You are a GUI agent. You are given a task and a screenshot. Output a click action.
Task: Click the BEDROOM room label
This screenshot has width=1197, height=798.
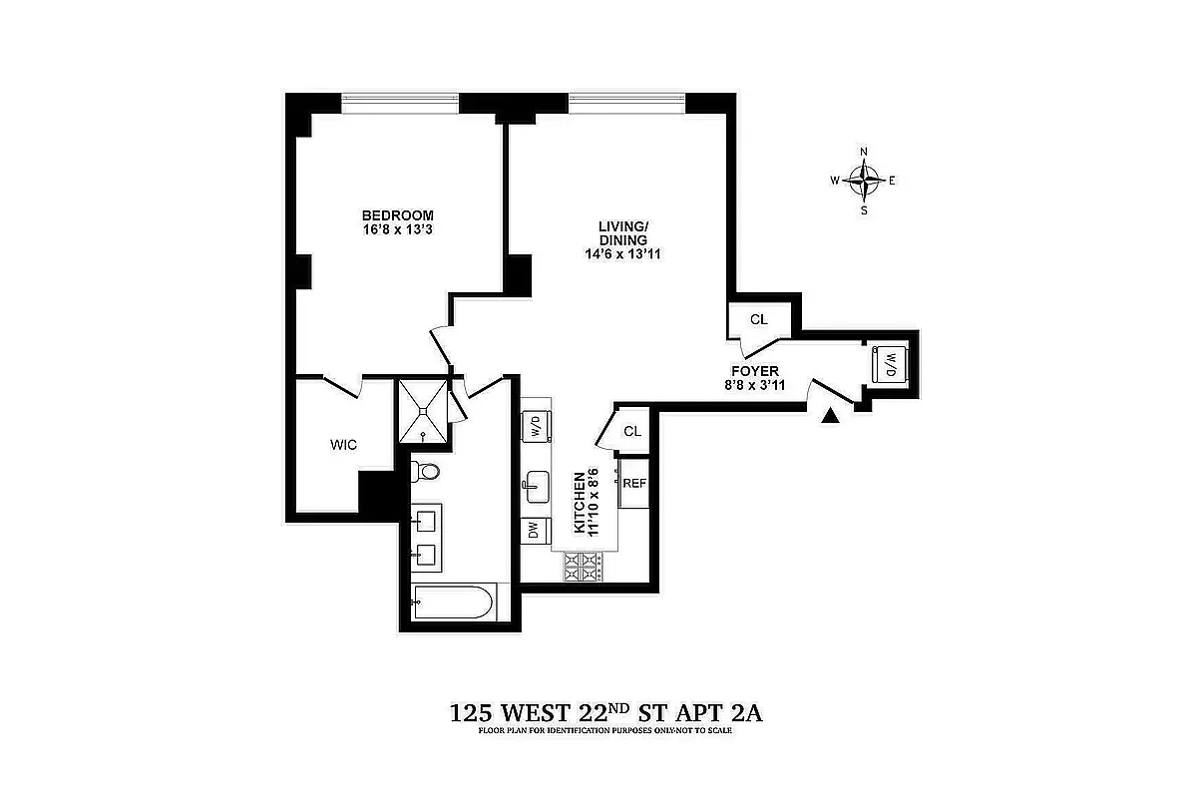point(397,215)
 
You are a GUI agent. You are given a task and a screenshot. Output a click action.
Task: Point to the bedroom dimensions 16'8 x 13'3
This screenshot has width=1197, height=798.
point(397,230)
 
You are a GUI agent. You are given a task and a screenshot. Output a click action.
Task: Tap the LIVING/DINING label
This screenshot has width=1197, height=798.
point(623,232)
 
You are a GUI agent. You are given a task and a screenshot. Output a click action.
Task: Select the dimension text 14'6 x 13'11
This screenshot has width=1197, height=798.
point(623,254)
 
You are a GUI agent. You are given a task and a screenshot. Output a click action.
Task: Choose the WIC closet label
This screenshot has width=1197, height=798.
point(343,444)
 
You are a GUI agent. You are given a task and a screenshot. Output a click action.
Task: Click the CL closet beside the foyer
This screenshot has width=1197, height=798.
point(759,320)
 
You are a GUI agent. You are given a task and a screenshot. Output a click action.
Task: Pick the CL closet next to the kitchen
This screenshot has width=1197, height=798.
point(631,431)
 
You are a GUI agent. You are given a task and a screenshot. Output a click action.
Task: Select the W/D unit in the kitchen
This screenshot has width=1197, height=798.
point(536,426)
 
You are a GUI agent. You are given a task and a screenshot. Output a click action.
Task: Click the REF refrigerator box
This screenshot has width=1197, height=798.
point(634,483)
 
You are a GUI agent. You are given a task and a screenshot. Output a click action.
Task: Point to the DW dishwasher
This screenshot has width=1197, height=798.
point(534,532)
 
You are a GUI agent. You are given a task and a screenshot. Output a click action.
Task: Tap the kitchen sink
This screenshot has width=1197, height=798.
point(535,488)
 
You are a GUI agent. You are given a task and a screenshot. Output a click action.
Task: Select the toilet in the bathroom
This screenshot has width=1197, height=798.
point(428,472)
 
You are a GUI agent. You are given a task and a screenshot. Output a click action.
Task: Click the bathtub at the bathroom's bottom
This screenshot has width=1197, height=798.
point(452,602)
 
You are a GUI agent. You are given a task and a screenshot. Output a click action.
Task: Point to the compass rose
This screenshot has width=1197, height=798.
point(864,181)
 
